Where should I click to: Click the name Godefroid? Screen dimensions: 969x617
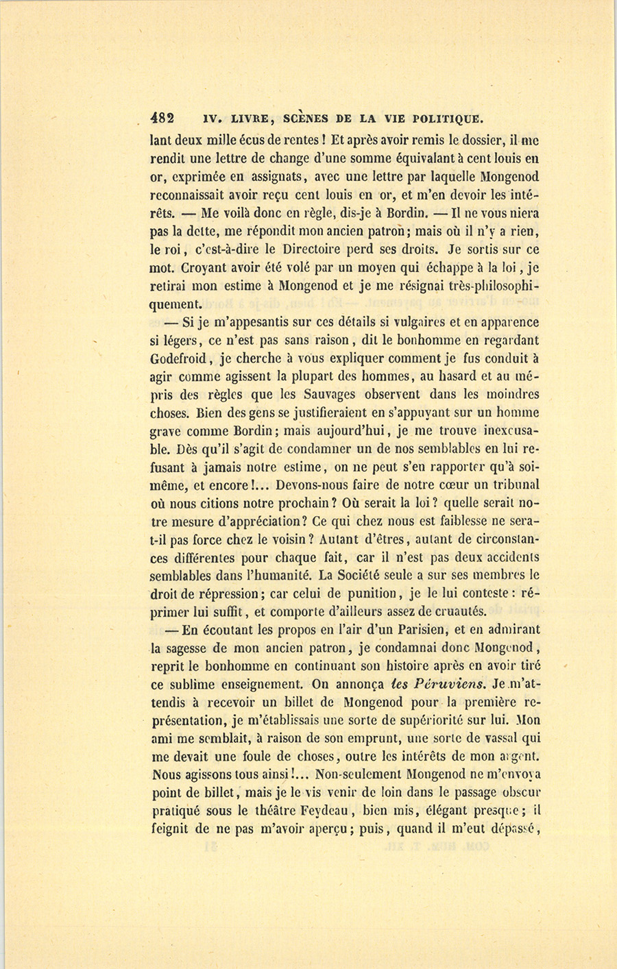point(181,358)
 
